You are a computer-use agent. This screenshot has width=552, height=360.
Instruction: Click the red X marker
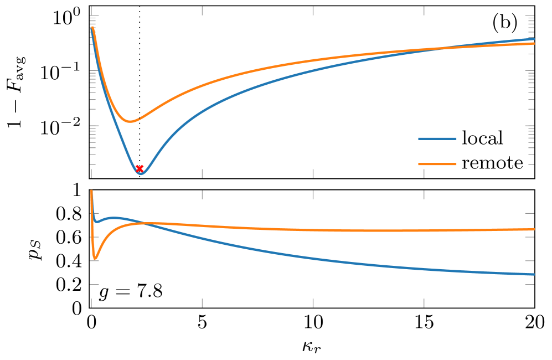(140, 168)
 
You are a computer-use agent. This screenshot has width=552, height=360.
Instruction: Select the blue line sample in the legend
(437, 138)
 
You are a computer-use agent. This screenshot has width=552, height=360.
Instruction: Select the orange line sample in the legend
(437, 164)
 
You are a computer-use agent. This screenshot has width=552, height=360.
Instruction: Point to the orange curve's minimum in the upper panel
(130, 121)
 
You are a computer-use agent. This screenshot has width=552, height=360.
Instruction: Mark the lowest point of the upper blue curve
(141, 173)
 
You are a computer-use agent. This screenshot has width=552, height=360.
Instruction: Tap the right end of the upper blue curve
(534, 39)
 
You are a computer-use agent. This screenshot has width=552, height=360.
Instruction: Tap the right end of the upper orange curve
(534, 43)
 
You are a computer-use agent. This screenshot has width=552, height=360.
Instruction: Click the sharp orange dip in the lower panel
(95, 259)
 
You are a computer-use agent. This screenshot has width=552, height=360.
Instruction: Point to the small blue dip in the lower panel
(97, 222)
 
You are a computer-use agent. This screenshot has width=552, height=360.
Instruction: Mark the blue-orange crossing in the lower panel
(145, 223)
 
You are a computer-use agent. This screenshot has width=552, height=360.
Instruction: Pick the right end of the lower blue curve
(534, 274)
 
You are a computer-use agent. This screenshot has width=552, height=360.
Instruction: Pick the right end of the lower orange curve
(534, 229)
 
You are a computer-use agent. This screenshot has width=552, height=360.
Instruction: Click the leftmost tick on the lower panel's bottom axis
(91, 302)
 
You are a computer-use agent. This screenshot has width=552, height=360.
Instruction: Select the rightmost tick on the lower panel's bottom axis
(424, 302)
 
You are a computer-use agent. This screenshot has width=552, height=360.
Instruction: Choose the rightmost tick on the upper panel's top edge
(424, 11)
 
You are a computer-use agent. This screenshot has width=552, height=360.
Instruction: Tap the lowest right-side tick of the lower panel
(529, 284)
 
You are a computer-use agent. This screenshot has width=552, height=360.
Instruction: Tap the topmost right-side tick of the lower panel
(529, 213)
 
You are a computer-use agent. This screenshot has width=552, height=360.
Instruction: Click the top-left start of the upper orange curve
(92, 28)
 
